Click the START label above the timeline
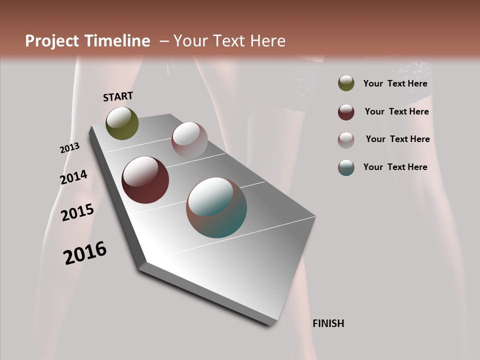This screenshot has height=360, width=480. (x=118, y=96)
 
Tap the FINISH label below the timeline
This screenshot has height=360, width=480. (x=328, y=323)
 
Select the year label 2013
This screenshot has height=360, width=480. (x=69, y=148)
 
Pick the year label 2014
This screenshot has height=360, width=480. (x=73, y=177)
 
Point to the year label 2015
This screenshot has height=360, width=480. (x=77, y=212)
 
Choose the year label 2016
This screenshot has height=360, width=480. (x=85, y=252)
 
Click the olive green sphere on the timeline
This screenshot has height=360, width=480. (x=122, y=123)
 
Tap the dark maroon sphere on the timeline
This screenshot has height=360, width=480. (x=145, y=180)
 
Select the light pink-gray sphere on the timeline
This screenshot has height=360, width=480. (x=189, y=140)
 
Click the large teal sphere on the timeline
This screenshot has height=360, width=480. (x=216, y=207)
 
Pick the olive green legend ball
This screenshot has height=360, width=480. (x=346, y=83)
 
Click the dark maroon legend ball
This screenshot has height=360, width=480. (x=346, y=112)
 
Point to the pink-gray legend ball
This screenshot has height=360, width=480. (x=346, y=140)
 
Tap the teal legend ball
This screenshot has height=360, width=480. (x=346, y=167)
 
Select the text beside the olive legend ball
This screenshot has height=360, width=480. (x=395, y=84)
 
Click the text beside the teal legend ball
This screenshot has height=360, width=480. (x=395, y=167)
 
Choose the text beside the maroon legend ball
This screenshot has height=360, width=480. (x=396, y=111)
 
